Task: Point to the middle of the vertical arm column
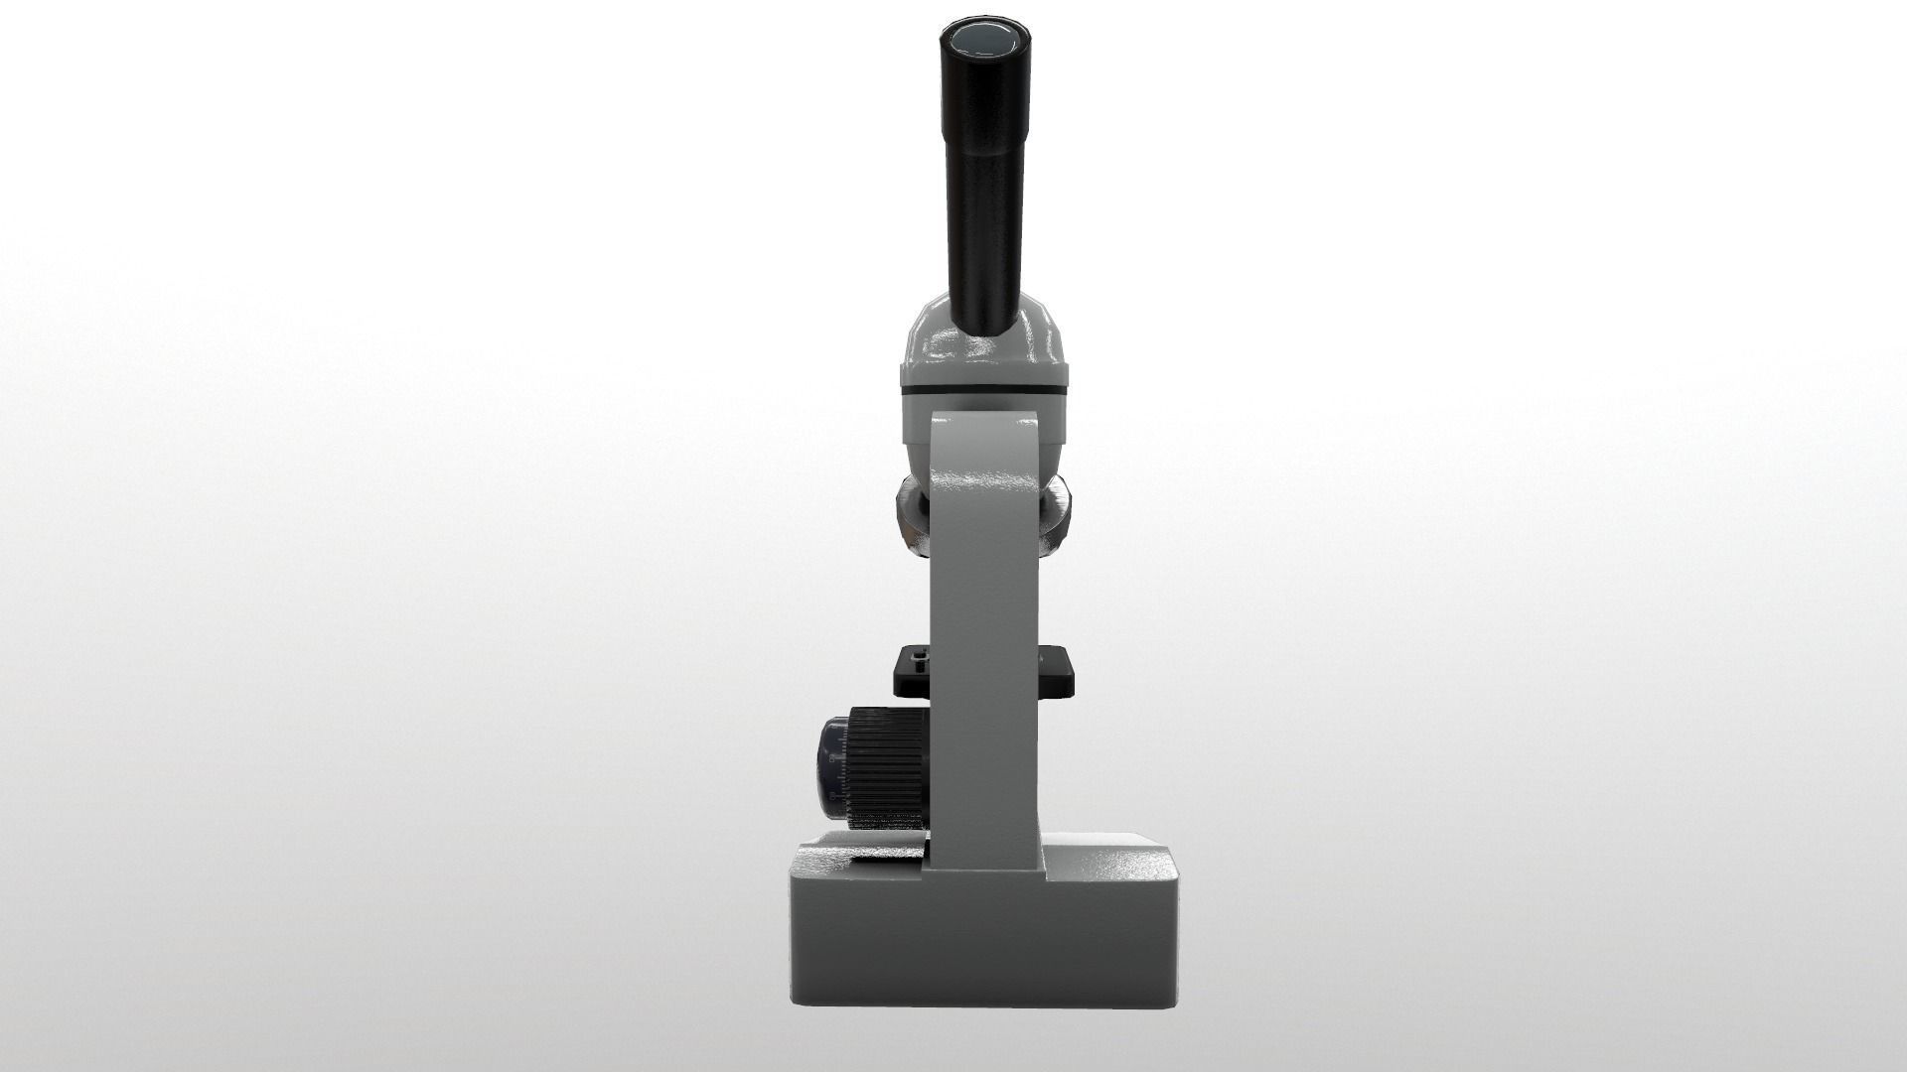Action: [x=985, y=635]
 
